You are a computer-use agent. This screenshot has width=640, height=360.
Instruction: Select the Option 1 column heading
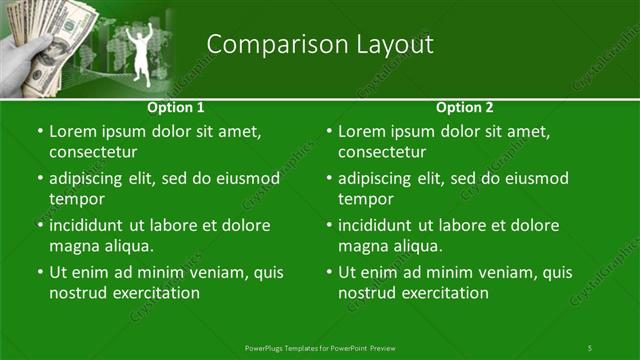coord(176,107)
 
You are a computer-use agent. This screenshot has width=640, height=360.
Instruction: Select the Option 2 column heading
coord(465,107)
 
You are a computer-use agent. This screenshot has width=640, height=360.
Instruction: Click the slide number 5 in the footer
coord(590,347)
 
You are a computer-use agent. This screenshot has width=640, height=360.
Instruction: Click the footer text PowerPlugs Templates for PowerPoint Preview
coord(320,347)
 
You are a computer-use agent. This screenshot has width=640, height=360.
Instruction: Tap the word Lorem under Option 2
coord(362,131)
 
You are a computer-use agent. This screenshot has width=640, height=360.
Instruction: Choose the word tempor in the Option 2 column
coord(363,200)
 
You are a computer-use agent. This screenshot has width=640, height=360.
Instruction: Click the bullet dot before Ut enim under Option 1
coord(39,272)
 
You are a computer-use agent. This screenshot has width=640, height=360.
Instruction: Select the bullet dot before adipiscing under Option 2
coord(328,178)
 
